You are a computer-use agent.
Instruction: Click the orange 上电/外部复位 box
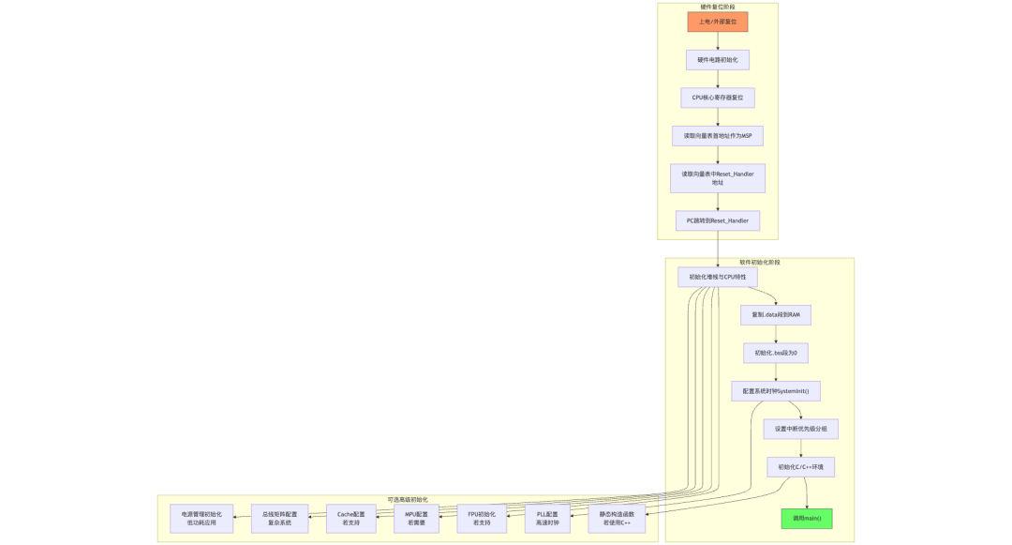pos(718,22)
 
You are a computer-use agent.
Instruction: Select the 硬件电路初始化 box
pos(718,60)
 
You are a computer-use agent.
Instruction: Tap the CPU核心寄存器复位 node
pos(718,98)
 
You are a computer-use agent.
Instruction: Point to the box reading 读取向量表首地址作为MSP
pos(718,136)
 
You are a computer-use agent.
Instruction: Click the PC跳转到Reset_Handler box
pos(718,220)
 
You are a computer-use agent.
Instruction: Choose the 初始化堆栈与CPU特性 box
pos(718,277)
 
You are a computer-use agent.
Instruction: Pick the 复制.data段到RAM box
pos(776,315)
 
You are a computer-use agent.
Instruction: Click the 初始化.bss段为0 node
pos(776,353)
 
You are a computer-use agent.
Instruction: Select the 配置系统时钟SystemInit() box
pos(776,390)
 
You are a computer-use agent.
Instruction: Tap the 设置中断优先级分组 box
pos(801,429)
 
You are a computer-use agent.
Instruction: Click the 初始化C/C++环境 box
pos(801,466)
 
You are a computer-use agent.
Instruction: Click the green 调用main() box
pos(807,518)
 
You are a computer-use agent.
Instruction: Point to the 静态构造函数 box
pos(618,519)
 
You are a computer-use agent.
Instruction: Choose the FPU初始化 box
pos(482,519)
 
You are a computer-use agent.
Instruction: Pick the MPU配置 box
pos(417,519)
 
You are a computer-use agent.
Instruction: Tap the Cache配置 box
pos(351,519)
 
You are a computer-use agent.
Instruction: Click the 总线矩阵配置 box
pos(279,519)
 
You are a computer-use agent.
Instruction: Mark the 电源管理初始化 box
pos(196,519)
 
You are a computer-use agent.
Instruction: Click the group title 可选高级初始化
pos(408,499)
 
